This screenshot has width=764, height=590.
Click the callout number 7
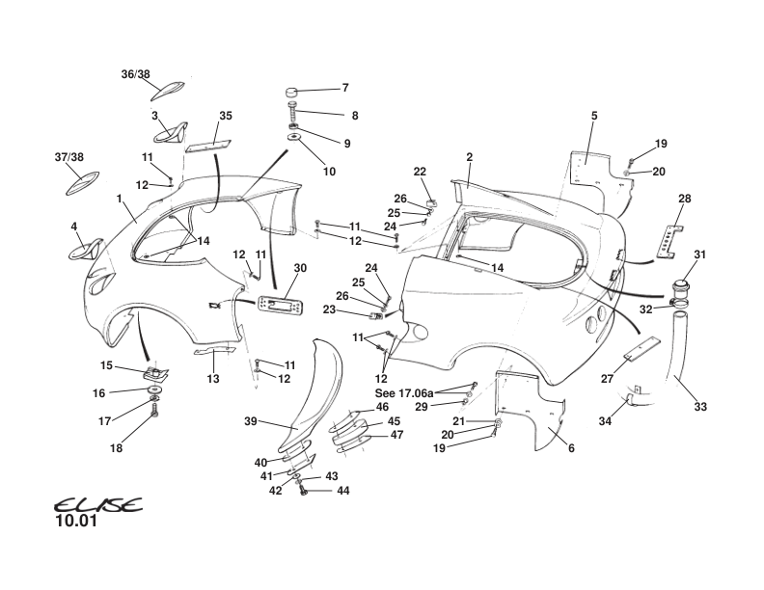345,89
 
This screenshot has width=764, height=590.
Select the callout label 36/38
136,74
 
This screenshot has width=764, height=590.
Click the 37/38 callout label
69,157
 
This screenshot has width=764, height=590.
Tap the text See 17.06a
404,393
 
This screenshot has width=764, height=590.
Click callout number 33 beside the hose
700,407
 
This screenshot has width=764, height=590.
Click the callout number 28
685,199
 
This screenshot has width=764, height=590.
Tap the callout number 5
594,117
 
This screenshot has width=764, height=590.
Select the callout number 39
250,421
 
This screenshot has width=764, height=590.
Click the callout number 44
342,491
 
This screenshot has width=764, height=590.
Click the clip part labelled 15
151,371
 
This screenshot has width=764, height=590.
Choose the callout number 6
571,448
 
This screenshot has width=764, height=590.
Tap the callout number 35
226,116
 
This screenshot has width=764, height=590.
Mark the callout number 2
469,157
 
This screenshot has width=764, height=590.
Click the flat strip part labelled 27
641,348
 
